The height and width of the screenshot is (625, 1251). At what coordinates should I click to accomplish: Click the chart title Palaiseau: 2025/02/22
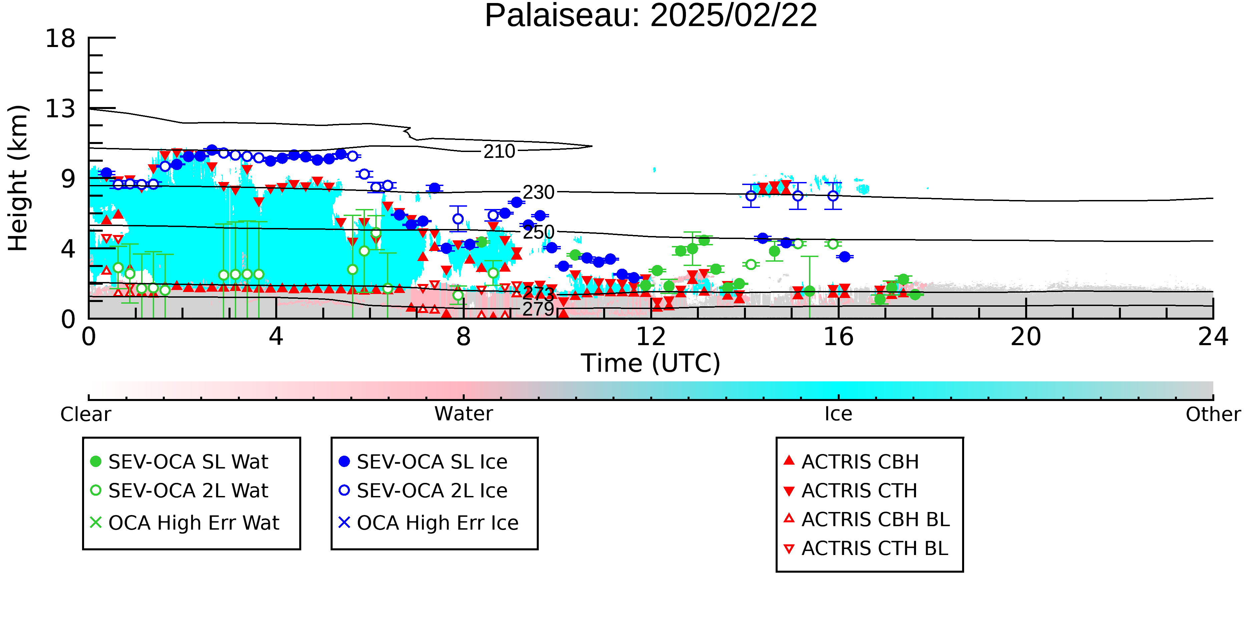point(651,16)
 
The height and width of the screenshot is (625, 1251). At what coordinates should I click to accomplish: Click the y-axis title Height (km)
point(18,178)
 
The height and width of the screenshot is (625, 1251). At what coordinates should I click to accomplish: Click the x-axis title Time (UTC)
point(651,363)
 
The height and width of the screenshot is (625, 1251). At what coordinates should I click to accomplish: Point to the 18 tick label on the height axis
point(60,38)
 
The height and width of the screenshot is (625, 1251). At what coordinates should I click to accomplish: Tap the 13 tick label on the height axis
point(60,109)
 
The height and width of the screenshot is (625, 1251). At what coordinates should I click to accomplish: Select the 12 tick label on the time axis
point(651,337)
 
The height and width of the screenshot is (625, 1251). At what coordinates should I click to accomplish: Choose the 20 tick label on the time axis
point(1026,337)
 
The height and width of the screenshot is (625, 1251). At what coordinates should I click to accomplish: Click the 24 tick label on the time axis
point(1213,337)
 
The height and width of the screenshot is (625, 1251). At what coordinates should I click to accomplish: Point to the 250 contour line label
point(538,232)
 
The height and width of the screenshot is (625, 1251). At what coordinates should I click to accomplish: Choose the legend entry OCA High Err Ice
point(428,523)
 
